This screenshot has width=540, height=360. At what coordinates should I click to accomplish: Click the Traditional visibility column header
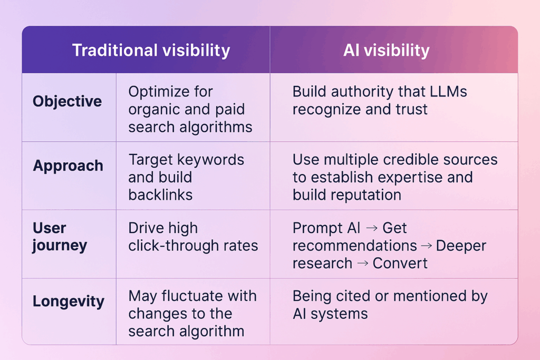pos(151,50)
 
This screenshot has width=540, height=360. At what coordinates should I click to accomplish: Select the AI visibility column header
pos(386,50)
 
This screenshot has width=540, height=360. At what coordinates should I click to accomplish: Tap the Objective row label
pos(67,101)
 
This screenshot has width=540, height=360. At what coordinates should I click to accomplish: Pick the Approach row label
pos(68,166)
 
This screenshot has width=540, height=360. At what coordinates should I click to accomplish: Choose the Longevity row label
pos(69,301)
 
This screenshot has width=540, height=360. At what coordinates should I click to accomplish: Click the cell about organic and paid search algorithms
pos(190,109)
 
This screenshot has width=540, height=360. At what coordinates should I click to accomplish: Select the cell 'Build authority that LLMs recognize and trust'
pos(380,100)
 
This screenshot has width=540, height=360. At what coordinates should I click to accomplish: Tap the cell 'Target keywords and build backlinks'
pos(186,177)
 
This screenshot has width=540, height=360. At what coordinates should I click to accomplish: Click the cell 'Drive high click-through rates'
pos(193,237)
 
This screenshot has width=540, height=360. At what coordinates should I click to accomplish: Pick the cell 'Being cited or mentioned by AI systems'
pos(390,305)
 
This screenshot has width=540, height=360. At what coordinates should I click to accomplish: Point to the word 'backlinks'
pos(160,194)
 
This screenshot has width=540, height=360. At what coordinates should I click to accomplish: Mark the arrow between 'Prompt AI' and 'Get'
pos(372,228)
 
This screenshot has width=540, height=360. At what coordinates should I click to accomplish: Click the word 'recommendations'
pos(355,246)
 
